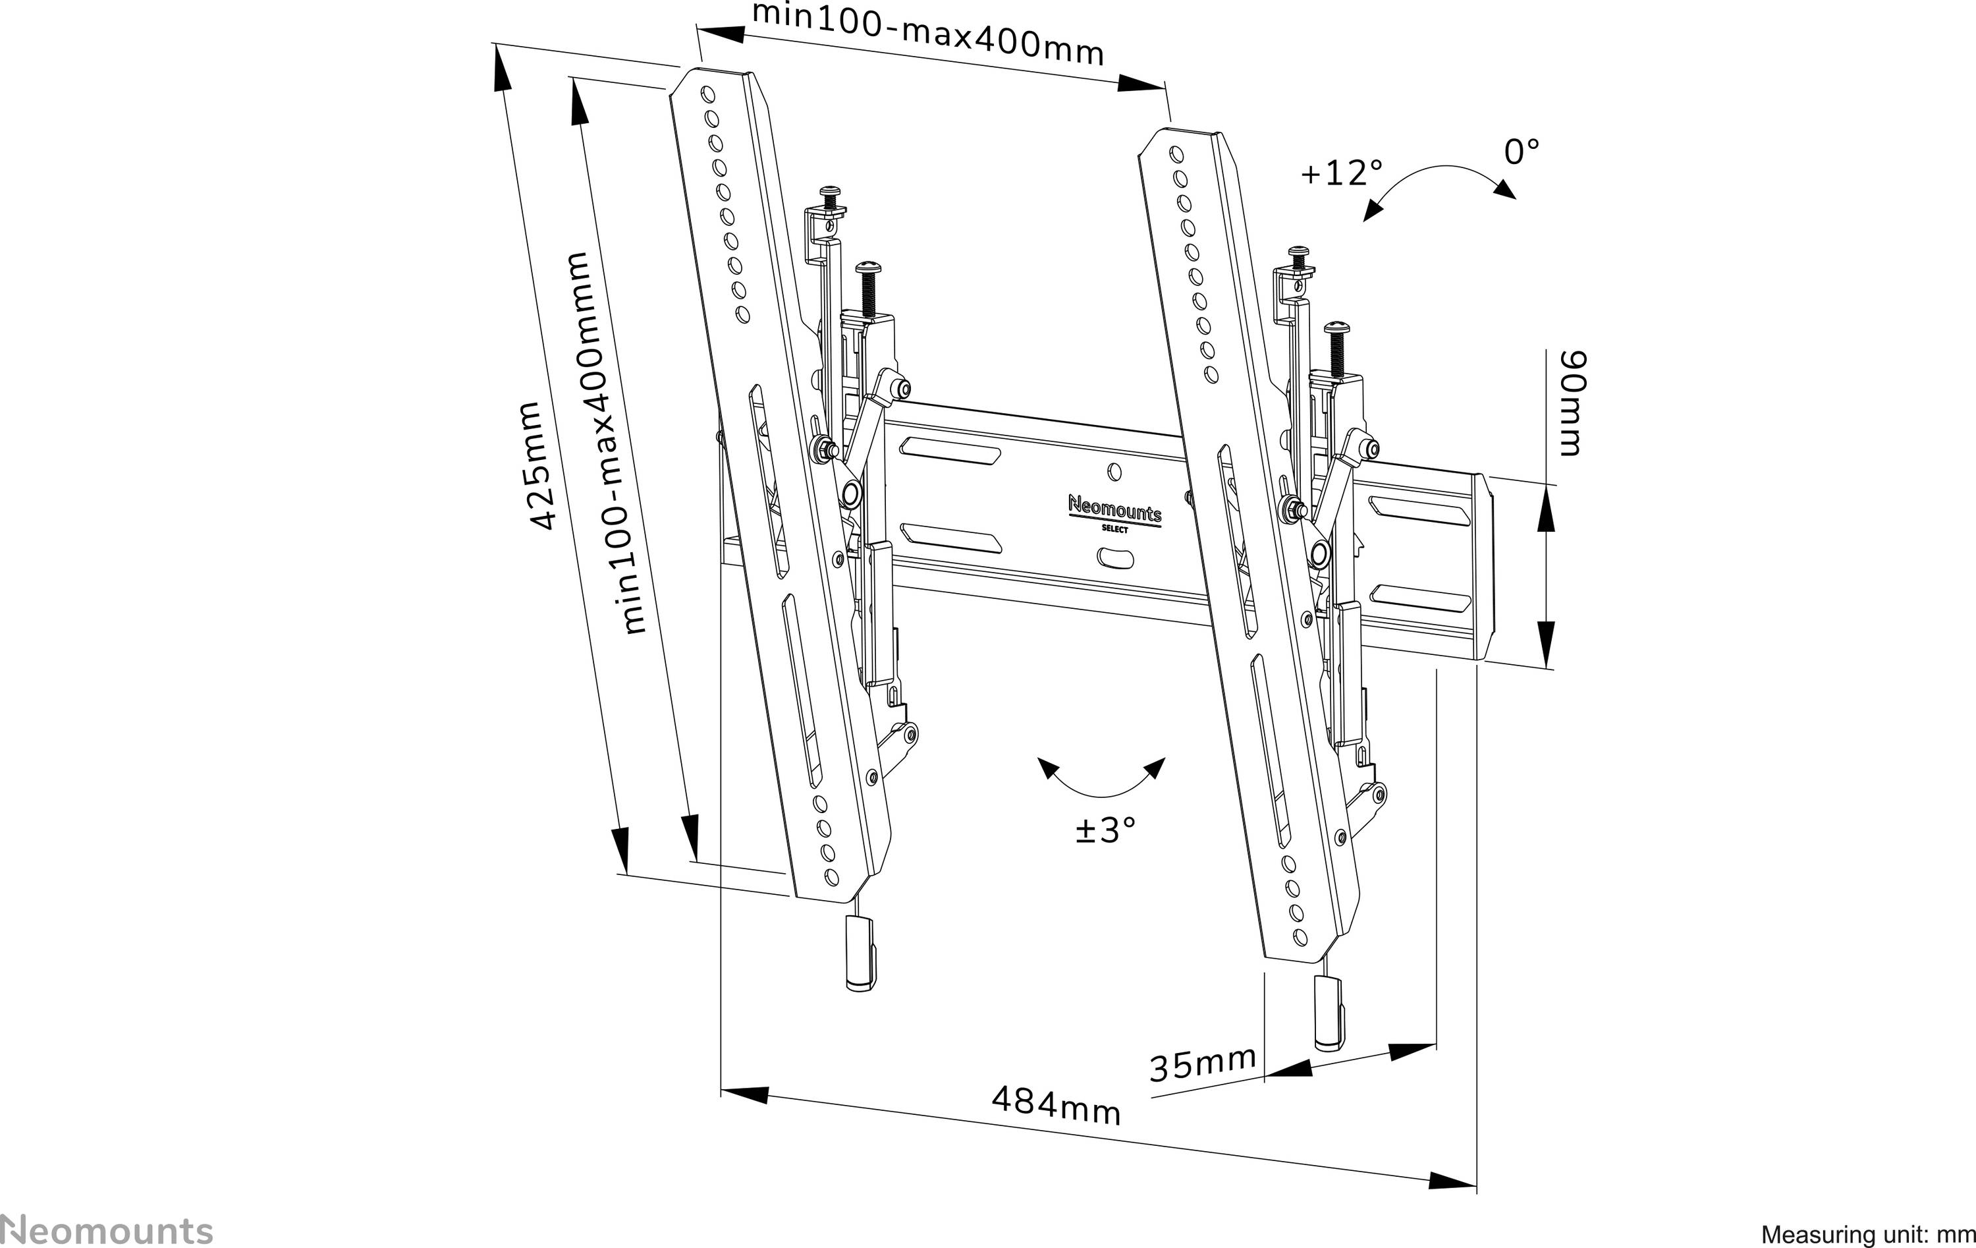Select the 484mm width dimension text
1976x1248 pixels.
pos(1055,1106)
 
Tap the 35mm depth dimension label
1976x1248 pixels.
pos(1202,1065)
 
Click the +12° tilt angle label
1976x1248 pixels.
pos(1341,173)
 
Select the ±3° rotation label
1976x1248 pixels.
pos(1105,830)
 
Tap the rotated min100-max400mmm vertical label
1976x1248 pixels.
pos(607,443)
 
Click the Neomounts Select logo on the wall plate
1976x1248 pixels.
pos(1114,514)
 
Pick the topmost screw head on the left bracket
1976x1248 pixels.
pos(831,192)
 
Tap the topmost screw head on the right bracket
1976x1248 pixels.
pos(1299,251)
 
